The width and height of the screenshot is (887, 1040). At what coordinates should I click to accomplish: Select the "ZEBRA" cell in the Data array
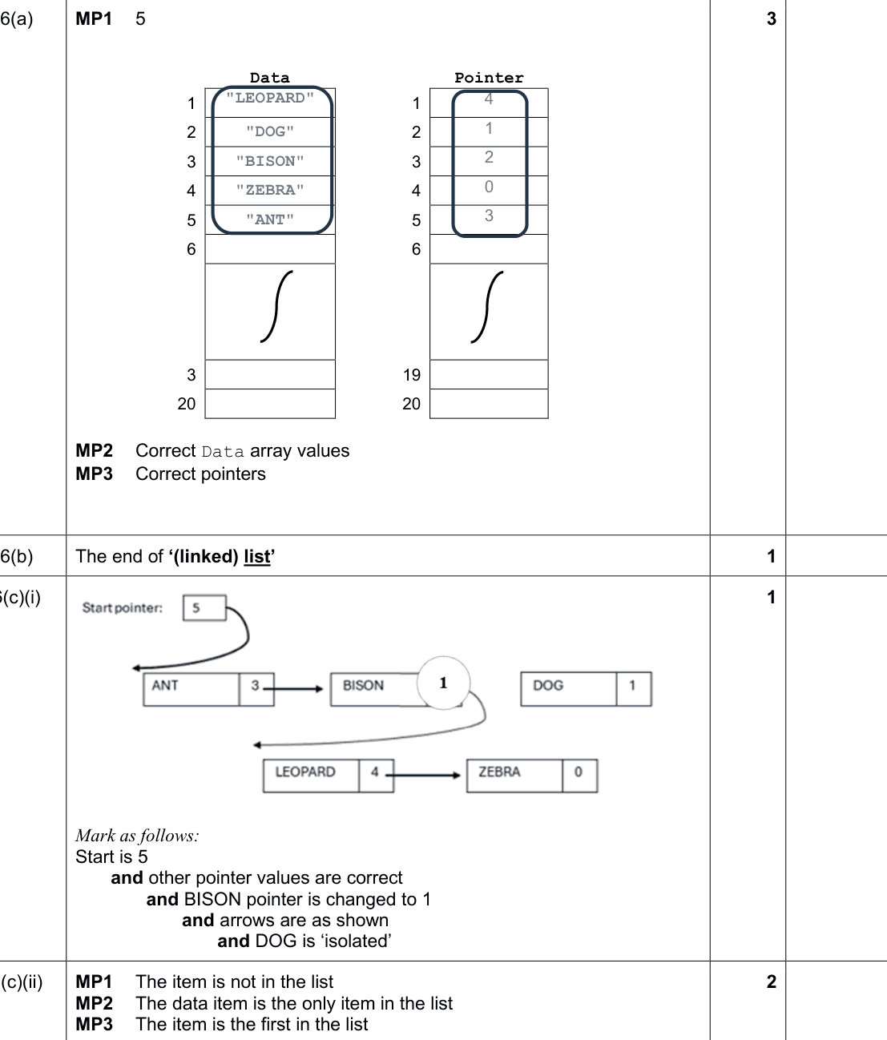click(270, 190)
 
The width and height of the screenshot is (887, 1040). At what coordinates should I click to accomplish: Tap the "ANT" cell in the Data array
click(270, 220)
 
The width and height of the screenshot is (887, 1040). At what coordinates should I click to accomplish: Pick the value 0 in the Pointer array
click(489, 187)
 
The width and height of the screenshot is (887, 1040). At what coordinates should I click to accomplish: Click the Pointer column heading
click(489, 78)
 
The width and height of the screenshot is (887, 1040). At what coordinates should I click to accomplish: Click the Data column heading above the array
click(270, 78)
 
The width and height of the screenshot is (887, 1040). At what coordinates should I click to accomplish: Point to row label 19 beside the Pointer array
click(412, 375)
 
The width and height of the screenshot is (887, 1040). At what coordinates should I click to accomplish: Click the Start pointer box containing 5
click(204, 608)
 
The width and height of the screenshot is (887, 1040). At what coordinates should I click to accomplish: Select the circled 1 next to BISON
click(443, 683)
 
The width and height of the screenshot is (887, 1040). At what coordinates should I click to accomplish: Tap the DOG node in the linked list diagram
click(587, 689)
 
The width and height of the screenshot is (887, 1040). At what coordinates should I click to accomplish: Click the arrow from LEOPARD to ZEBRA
click(423, 776)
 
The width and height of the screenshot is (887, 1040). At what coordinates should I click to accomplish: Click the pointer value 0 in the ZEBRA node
click(578, 772)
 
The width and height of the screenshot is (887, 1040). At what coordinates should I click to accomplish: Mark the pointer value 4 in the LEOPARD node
click(375, 772)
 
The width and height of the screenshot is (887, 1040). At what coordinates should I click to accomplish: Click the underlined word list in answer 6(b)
click(257, 557)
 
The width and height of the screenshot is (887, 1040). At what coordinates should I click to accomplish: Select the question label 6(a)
click(17, 19)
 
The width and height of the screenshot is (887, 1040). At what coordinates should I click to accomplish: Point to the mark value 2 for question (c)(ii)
click(772, 982)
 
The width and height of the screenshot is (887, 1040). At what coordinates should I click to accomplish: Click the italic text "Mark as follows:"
click(137, 836)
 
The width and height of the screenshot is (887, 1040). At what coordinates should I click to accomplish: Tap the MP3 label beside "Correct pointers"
click(94, 474)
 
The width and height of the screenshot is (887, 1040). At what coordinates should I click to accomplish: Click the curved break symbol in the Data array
click(276, 306)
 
